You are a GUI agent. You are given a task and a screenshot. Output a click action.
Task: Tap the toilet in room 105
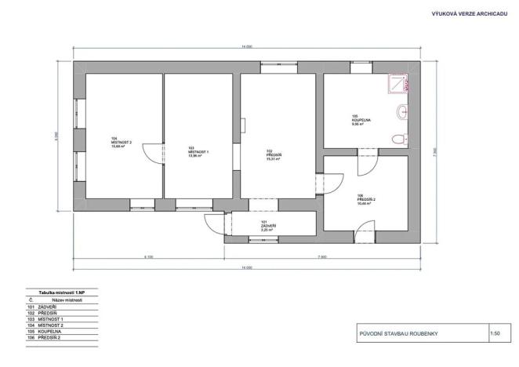click(400, 140)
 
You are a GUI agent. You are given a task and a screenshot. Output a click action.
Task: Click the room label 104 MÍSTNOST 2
click(122, 142)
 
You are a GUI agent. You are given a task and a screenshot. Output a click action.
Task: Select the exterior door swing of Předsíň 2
click(362, 231)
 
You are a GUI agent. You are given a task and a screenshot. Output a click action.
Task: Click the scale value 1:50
click(495, 334)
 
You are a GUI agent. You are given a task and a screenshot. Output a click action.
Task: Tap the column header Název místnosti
click(67, 300)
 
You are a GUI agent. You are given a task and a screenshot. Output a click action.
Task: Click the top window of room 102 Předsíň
click(278, 65)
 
